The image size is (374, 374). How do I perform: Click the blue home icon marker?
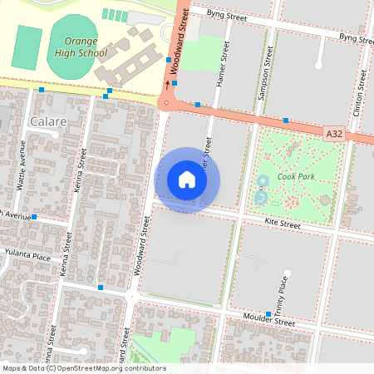187,180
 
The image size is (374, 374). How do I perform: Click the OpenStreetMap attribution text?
83,368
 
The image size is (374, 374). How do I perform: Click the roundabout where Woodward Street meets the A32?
169,104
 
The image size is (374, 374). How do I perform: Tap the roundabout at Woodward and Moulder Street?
133,295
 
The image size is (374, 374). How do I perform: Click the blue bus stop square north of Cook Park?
286,121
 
